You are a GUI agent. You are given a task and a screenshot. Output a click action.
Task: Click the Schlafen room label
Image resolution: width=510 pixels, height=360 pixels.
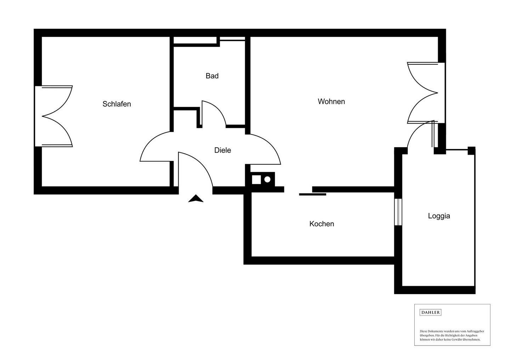(x=117, y=104)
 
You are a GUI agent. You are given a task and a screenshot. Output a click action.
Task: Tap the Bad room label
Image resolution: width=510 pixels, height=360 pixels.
(x=212, y=76)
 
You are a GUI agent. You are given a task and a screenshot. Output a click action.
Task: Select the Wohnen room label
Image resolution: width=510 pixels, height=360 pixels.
(x=331, y=102)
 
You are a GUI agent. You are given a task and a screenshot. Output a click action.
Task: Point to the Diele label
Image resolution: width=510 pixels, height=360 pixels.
(x=223, y=150)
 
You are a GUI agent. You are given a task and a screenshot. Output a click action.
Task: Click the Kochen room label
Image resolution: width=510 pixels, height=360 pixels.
(x=322, y=224)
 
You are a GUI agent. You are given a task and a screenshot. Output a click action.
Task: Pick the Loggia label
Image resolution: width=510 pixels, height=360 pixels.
(x=439, y=216)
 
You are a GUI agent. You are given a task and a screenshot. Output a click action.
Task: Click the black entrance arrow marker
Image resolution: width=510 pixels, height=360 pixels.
(x=195, y=199)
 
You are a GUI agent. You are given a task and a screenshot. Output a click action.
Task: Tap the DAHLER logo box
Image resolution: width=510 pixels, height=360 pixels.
(x=430, y=313)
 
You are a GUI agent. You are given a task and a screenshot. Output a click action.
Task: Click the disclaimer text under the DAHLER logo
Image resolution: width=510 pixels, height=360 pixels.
(x=452, y=336)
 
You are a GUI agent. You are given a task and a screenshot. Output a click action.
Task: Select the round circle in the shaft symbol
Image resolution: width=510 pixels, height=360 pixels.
(x=267, y=179)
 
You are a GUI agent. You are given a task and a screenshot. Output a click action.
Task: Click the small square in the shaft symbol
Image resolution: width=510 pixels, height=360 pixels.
(x=256, y=179)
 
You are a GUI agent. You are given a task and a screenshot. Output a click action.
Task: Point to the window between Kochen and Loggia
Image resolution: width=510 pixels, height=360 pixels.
(x=398, y=212)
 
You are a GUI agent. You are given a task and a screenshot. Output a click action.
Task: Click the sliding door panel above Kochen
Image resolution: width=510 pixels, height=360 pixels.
(x=313, y=194)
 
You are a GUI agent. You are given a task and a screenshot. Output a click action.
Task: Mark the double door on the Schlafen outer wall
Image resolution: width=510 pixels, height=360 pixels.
(x=54, y=116)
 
